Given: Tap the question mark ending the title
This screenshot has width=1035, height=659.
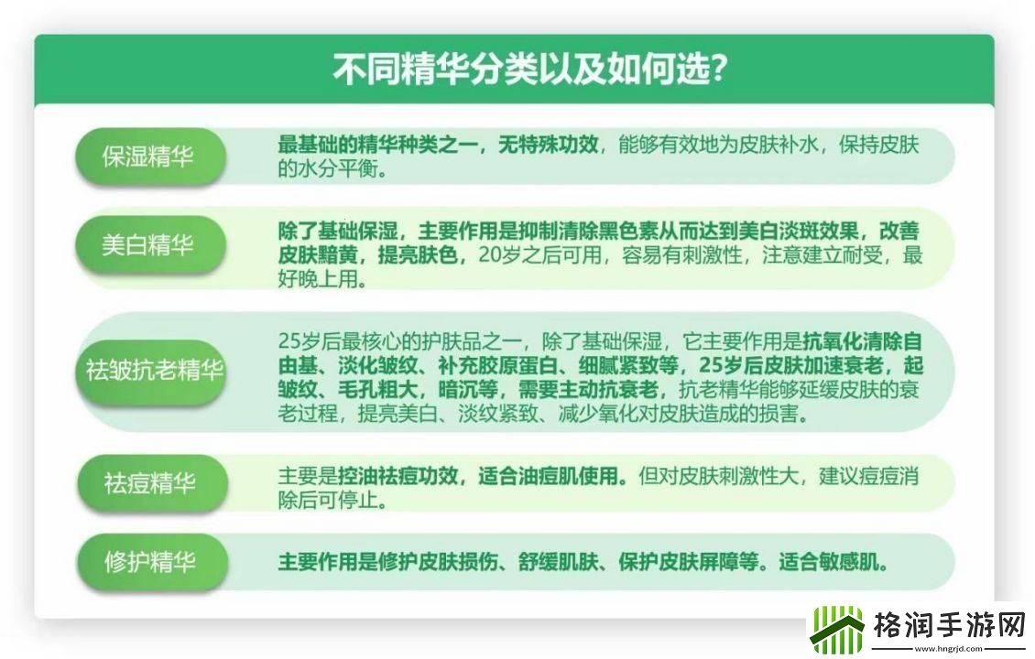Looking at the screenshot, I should (x=719, y=70).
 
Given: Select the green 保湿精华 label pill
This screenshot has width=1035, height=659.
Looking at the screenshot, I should (x=149, y=157).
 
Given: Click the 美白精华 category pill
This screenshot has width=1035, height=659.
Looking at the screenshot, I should (x=149, y=245).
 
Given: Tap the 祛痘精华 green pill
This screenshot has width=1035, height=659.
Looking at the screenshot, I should (x=149, y=482).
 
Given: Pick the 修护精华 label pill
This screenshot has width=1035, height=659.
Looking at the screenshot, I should (x=149, y=562).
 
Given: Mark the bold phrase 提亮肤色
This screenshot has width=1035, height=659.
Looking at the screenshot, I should (x=421, y=256).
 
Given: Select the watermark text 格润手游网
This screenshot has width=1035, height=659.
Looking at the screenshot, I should (x=948, y=626).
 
